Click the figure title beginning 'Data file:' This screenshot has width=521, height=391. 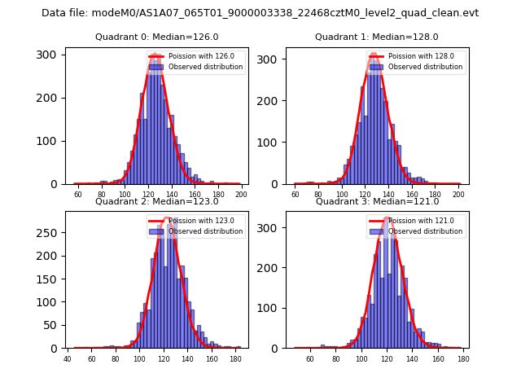[260, 13]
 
